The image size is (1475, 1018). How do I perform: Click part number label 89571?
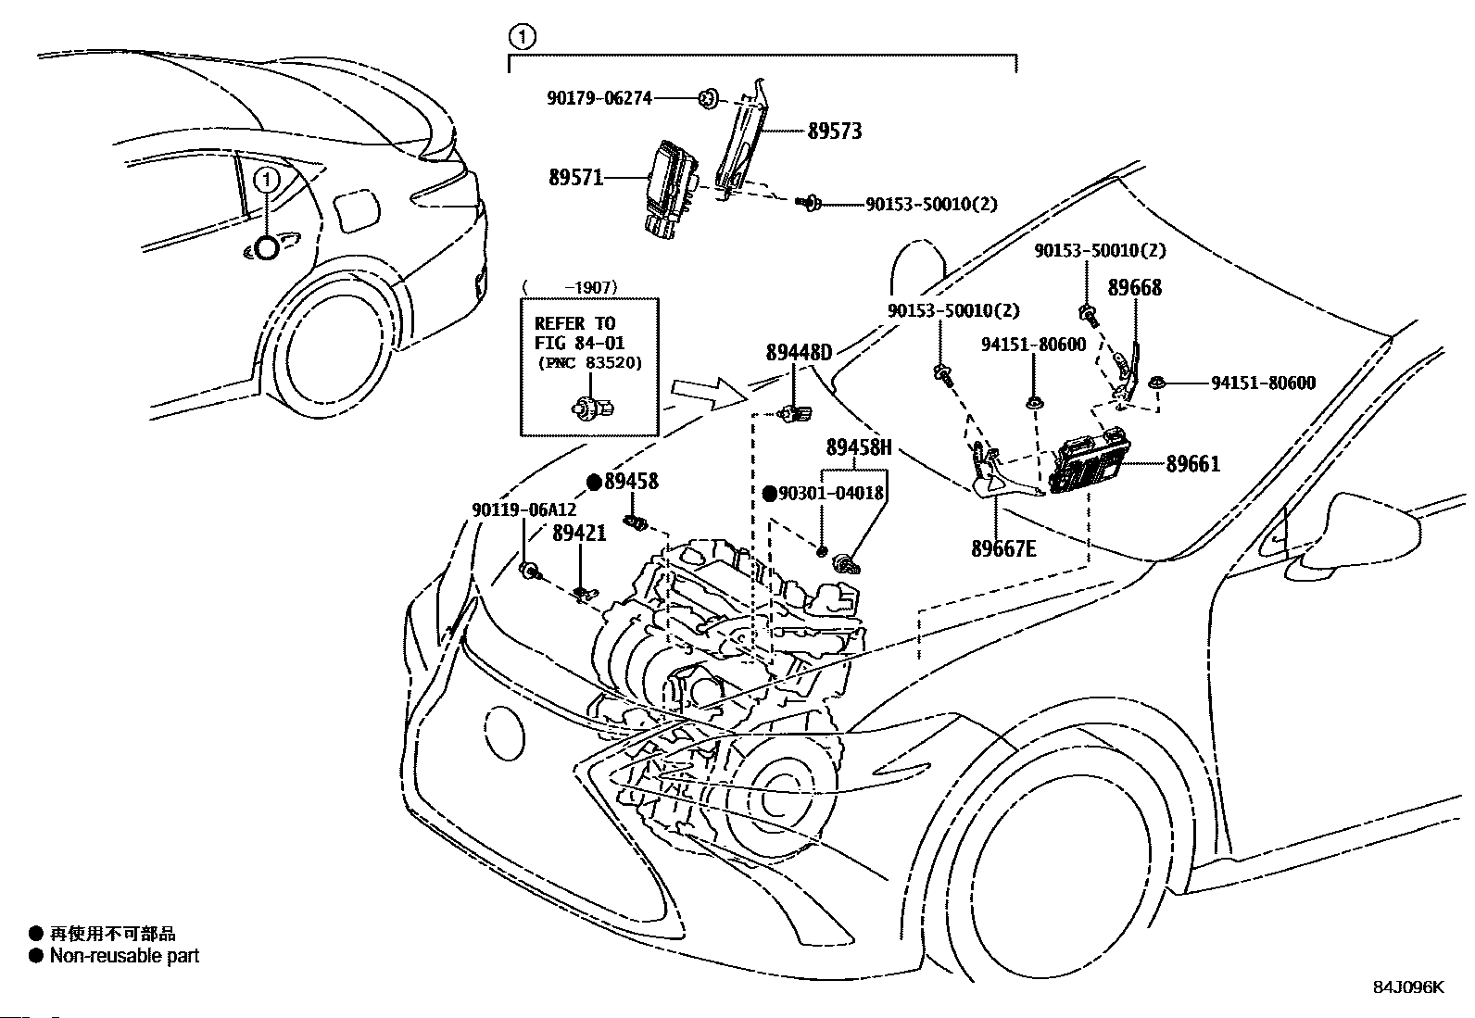pyautogui.click(x=576, y=178)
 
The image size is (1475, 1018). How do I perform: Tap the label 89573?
pyautogui.click(x=834, y=131)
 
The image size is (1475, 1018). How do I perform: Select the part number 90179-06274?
pyautogui.click(x=599, y=98)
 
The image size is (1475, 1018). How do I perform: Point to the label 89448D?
pyautogui.click(x=799, y=353)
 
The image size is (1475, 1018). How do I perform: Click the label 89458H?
pyautogui.click(x=859, y=447)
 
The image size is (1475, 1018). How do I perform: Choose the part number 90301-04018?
pyautogui.click(x=831, y=493)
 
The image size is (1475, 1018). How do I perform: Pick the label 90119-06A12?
pyautogui.click(x=524, y=509)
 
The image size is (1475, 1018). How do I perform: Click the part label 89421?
pyautogui.click(x=579, y=533)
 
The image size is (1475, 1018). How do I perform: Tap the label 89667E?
pyautogui.click(x=1003, y=548)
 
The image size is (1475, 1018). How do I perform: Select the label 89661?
pyautogui.click(x=1193, y=464)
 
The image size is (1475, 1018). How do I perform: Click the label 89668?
pyautogui.click(x=1135, y=288)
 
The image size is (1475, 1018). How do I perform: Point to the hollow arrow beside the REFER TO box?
pyautogui.click(x=710, y=394)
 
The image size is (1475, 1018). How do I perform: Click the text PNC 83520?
pyautogui.click(x=589, y=363)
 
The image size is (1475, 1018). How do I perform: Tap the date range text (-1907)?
pyautogui.click(x=570, y=287)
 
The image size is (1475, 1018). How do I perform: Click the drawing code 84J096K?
pyautogui.click(x=1408, y=987)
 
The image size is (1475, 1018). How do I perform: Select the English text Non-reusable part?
pyautogui.click(x=124, y=955)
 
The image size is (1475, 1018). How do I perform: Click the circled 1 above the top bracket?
pyautogui.click(x=523, y=37)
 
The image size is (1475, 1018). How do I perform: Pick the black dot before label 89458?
pyautogui.click(x=595, y=483)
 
